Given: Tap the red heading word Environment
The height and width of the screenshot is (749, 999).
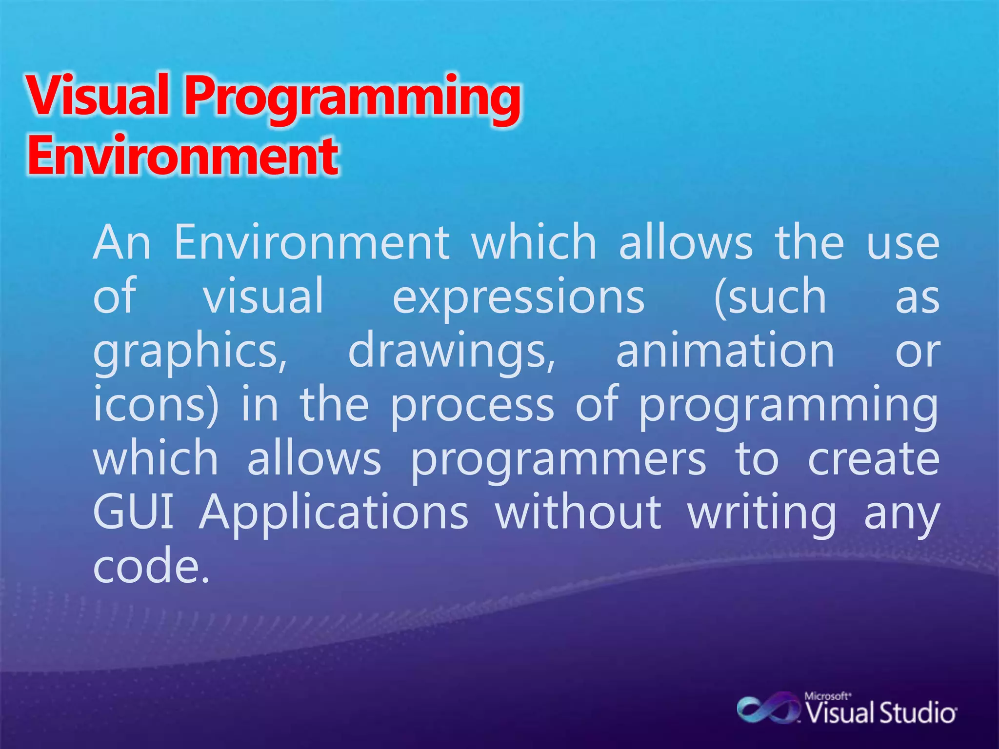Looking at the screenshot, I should [x=182, y=156].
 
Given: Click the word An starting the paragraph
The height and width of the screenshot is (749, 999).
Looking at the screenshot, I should [x=122, y=242].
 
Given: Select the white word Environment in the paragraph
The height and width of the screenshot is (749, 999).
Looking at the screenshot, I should [x=312, y=242].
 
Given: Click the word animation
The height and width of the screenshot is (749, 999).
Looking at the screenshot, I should [x=725, y=351].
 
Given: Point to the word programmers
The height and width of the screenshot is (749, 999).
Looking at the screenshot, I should [x=558, y=460].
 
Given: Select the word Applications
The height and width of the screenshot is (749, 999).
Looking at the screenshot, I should [x=334, y=513].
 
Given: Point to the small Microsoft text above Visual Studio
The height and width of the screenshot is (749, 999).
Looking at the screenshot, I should [x=827, y=696].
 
